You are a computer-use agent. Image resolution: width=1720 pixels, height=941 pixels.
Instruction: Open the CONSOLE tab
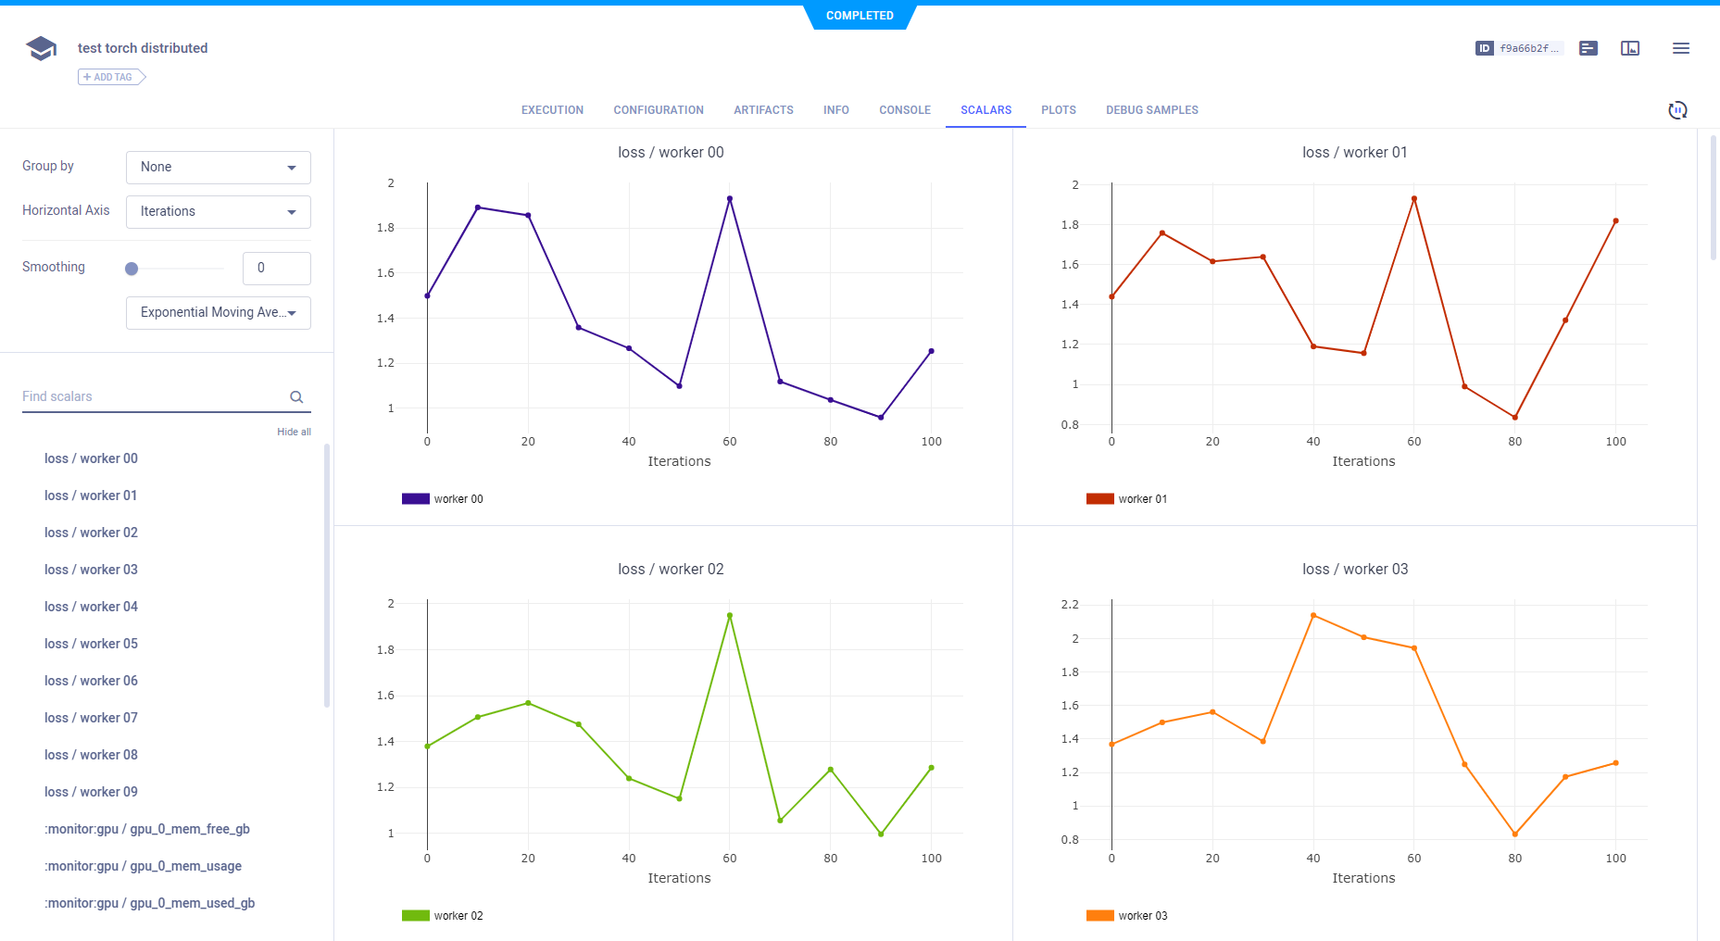coord(904,110)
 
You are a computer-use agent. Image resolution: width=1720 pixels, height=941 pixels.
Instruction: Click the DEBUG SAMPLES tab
coord(1151,110)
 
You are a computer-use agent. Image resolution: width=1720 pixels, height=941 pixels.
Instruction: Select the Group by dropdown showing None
coord(218,168)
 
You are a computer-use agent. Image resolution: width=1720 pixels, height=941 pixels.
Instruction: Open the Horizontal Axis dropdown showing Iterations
coord(218,212)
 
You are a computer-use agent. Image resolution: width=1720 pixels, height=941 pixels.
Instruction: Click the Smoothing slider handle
coord(132,269)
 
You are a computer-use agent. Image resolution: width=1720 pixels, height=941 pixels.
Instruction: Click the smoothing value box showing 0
coord(276,269)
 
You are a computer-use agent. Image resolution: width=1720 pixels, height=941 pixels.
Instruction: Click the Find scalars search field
coord(153,396)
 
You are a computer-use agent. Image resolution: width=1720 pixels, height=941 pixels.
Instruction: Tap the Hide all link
coord(294,432)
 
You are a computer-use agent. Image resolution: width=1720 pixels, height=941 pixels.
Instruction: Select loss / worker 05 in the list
coord(91,644)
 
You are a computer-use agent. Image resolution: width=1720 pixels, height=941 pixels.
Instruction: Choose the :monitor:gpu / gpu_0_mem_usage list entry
coord(144,866)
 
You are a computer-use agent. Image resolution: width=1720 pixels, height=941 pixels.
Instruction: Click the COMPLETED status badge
coord(860,16)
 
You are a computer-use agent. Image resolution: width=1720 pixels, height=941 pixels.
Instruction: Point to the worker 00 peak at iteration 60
coord(730,198)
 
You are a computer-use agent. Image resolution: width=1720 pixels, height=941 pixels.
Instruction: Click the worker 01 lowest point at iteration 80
coord(1514,418)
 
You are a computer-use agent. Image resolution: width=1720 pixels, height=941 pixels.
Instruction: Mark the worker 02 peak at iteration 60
coord(730,615)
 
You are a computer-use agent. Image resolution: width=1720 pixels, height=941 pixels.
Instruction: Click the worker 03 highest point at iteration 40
coord(1313,615)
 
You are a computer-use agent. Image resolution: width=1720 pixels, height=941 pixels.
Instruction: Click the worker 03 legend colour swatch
coord(1099,916)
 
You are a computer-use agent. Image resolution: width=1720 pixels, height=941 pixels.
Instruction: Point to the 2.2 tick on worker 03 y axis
coord(1070,605)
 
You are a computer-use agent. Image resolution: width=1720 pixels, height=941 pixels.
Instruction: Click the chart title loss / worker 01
coord(1354,153)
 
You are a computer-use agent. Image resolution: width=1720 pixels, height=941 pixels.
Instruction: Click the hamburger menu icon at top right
coord(1680,48)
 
